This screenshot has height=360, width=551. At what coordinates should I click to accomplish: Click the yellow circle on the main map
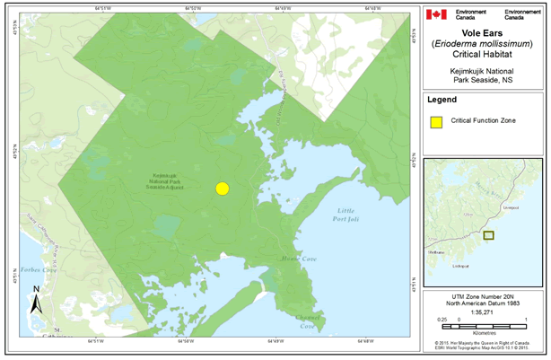[x=223, y=189]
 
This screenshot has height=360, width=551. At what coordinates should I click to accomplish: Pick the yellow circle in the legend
[x=435, y=120]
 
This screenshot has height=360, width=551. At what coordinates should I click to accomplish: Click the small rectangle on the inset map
[x=488, y=235]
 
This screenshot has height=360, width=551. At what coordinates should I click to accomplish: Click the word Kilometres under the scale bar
[x=485, y=329]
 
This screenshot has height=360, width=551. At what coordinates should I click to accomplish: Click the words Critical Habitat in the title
[x=485, y=55]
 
